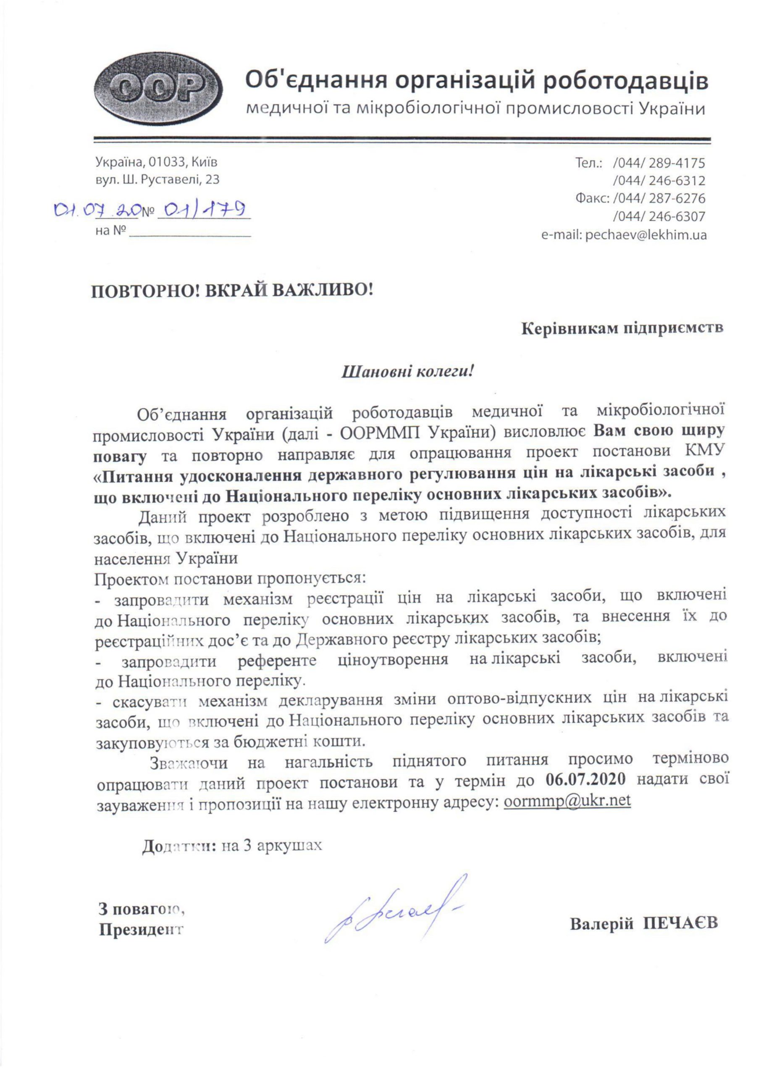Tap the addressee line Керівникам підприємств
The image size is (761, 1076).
pos(622,328)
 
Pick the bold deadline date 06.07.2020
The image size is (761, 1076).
pos(586,779)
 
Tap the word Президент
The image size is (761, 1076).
pos(141,929)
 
